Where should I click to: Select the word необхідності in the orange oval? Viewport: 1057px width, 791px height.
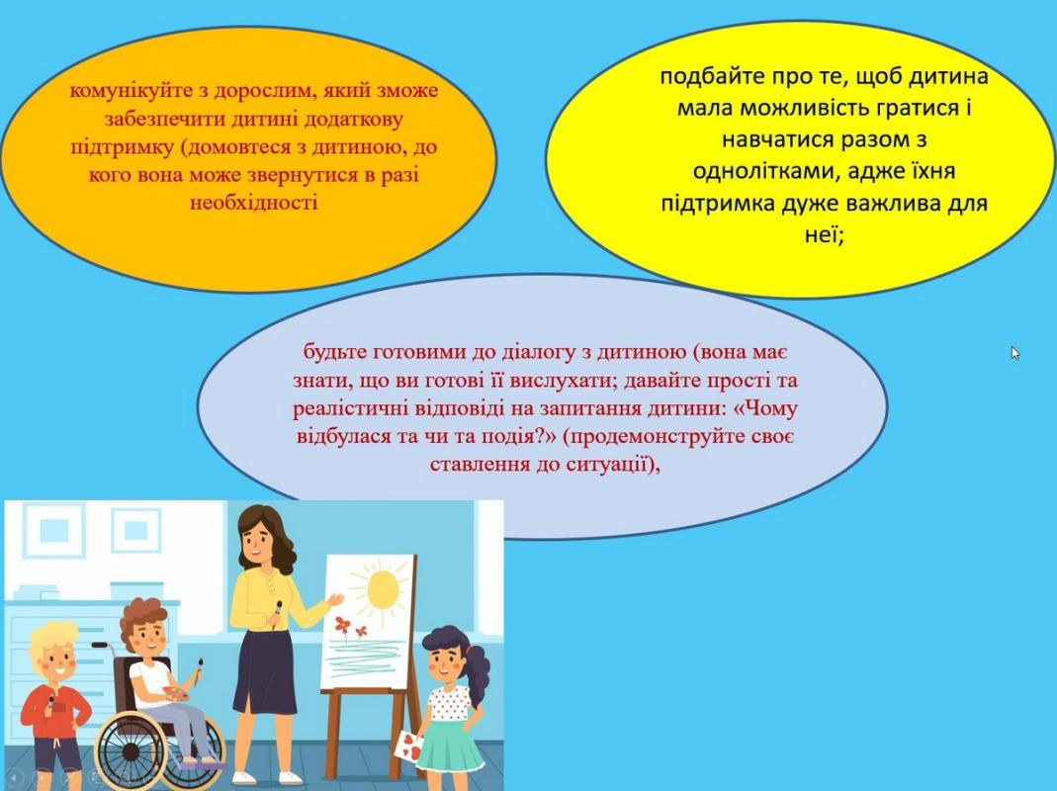pos(253,203)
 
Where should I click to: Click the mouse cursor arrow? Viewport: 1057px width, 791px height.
pos(1015,353)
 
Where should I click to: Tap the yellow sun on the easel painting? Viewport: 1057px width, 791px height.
pos(383,588)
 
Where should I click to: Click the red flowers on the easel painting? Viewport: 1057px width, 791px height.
pos(350,627)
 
